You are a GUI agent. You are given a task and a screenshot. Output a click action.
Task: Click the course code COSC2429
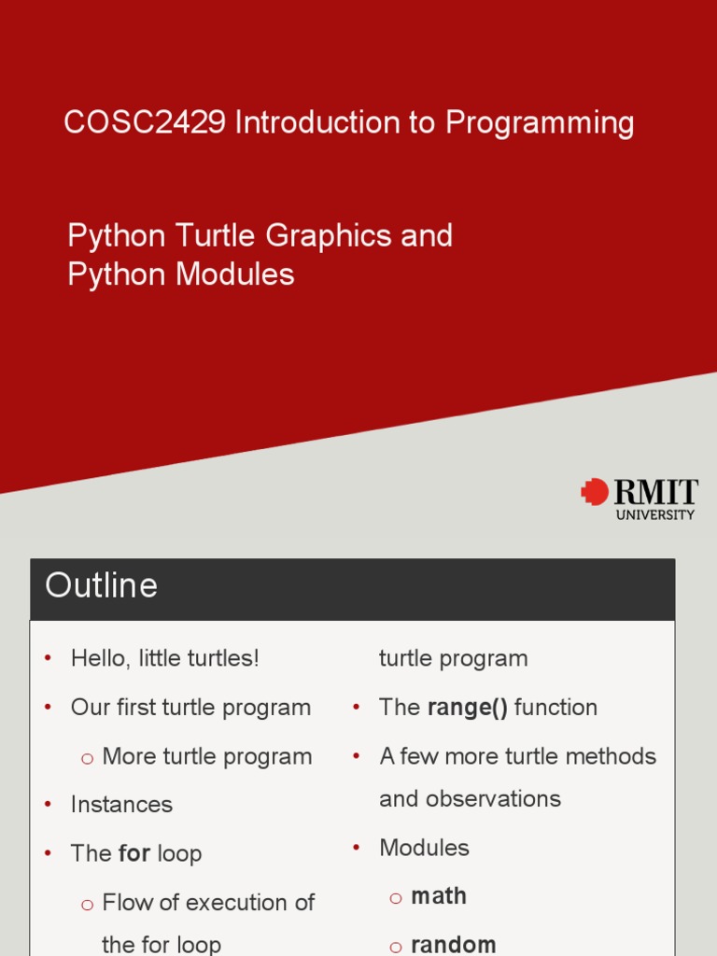pos(145,123)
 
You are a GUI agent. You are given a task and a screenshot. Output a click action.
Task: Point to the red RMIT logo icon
pos(594,492)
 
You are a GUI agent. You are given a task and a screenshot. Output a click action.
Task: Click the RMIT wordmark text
pos(655,491)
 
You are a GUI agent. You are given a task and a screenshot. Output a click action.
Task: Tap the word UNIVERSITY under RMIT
pos(655,514)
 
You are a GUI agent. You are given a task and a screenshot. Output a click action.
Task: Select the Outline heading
pos(102,586)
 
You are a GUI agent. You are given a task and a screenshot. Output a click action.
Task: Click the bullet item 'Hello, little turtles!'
pos(164,658)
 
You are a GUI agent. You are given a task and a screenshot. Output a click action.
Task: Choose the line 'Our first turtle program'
pos(190,708)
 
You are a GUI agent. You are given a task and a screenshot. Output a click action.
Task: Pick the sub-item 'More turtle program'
pos(206,756)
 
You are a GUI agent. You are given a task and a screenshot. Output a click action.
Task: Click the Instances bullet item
pos(121,805)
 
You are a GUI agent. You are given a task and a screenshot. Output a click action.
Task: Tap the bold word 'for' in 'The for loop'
pos(134,853)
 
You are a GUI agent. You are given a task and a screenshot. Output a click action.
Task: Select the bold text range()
pos(467,708)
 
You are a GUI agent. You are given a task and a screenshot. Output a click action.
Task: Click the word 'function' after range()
pos(555,708)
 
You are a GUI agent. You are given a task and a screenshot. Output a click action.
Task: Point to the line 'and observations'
pos(470,799)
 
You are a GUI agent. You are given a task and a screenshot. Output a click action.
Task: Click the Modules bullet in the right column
pos(424,848)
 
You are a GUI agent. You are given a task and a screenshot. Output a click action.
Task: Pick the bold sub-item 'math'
pos(439,896)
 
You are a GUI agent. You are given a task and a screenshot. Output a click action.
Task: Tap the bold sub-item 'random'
pos(454,944)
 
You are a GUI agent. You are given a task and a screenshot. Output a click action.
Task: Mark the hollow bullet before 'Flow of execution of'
pos(88,904)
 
